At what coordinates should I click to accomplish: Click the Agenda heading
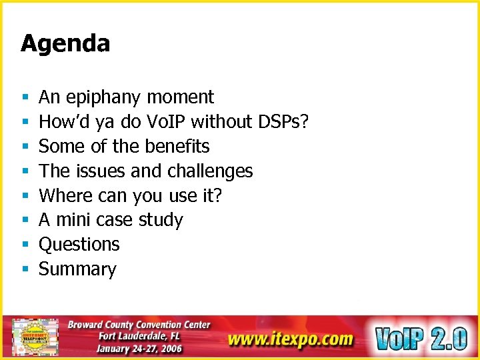pos(65,44)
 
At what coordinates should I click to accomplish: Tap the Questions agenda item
pos(79,245)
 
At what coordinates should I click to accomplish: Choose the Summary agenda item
pos(77,269)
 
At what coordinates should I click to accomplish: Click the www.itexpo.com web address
pos(290,339)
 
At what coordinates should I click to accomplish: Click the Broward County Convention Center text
pos(139,325)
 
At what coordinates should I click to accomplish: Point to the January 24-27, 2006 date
pos(139,349)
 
